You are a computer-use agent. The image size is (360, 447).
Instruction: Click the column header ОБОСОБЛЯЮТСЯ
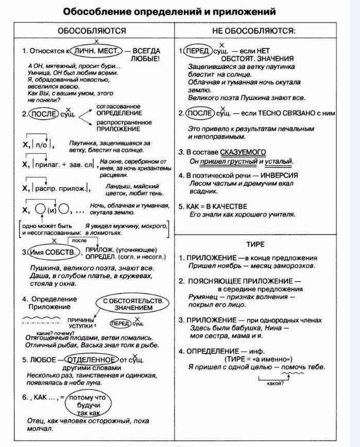click(x=92, y=31)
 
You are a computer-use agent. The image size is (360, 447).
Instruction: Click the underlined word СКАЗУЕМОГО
click(x=243, y=152)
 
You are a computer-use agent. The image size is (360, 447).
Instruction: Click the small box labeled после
click(x=79, y=241)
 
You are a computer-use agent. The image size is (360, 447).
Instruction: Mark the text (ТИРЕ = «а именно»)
click(x=258, y=359)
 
